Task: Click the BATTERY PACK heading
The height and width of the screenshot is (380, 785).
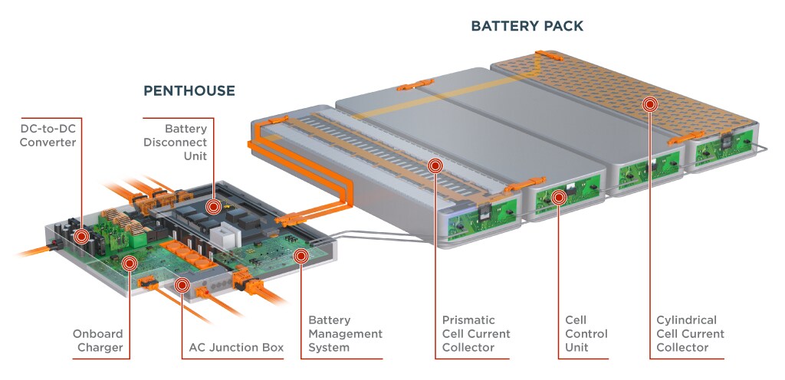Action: point(527,26)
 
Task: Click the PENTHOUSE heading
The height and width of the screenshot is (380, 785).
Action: point(189,91)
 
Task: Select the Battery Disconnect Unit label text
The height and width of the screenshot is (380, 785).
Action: point(186,142)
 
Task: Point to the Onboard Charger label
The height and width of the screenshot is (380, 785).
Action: point(97,341)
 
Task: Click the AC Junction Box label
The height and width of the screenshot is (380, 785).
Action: point(236,348)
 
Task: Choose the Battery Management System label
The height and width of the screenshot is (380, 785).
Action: point(345,333)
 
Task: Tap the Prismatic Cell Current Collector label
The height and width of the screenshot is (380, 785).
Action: point(476,333)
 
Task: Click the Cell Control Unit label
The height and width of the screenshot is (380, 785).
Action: point(586,333)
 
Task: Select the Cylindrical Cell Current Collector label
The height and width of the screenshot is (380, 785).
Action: point(690,333)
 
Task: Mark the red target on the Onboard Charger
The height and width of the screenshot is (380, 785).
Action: point(129,264)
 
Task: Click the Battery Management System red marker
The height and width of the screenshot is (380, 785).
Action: point(301,255)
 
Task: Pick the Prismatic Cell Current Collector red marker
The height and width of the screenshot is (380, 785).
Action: point(435,165)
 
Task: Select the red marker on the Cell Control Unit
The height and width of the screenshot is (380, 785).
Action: point(559,197)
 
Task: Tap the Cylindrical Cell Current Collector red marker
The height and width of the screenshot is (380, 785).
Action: point(650,104)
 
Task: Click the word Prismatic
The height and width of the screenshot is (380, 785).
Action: point(468,319)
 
